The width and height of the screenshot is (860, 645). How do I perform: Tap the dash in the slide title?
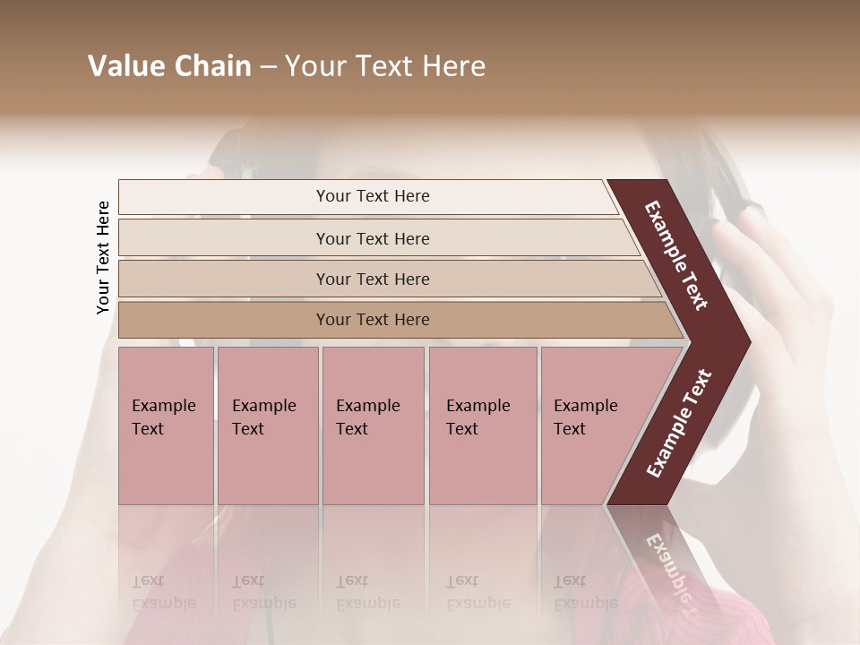click(268, 67)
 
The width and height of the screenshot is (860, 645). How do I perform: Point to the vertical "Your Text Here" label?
click(103, 257)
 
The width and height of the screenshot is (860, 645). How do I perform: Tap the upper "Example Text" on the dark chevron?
click(676, 255)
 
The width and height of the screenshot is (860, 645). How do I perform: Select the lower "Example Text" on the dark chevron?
click(678, 424)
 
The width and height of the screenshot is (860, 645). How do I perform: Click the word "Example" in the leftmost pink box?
click(163, 406)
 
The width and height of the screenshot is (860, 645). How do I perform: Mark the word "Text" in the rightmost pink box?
click(570, 429)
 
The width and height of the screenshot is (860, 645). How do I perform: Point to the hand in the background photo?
click(788, 296)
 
